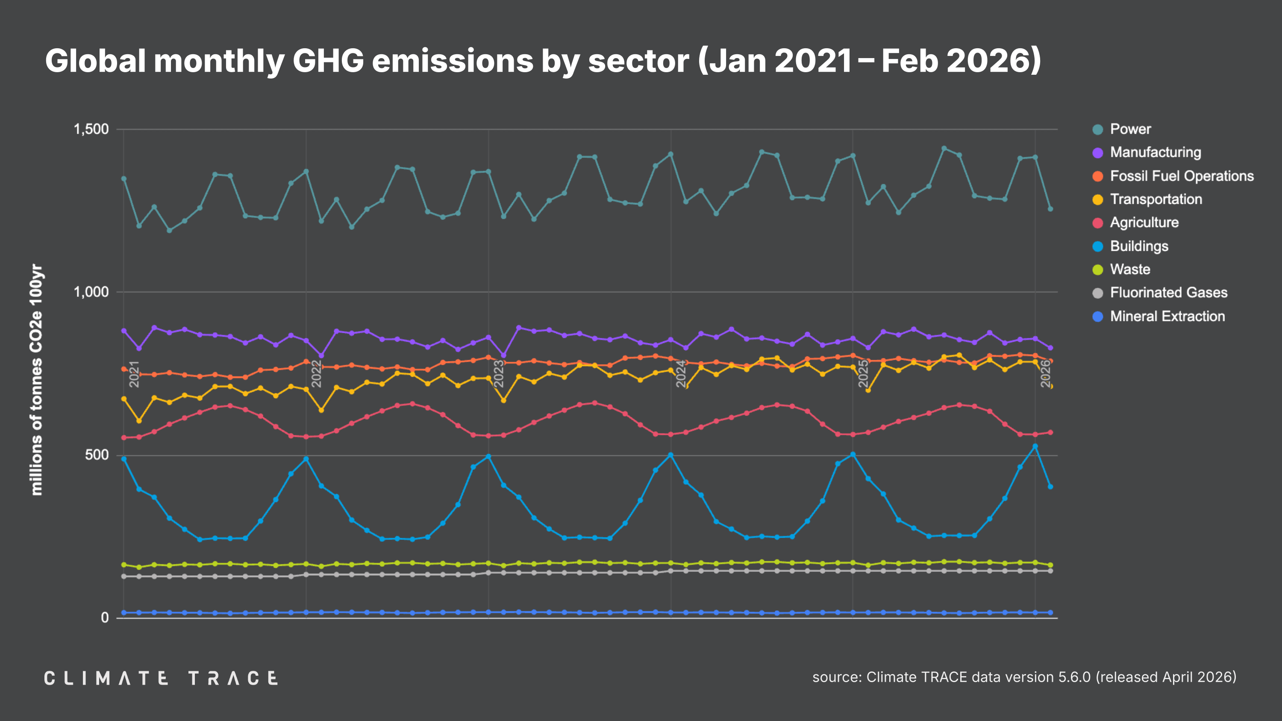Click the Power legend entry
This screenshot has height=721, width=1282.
click(x=1130, y=129)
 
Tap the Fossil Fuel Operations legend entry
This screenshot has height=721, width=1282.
click(x=1182, y=176)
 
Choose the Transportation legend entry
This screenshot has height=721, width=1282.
click(x=1156, y=199)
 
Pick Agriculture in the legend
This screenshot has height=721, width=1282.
click(x=1144, y=223)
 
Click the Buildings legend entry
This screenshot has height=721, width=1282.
click(x=1139, y=246)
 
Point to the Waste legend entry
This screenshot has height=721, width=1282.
click(x=1130, y=270)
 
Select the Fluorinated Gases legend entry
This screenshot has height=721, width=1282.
click(x=1168, y=293)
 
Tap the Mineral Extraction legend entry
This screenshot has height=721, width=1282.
click(x=1167, y=317)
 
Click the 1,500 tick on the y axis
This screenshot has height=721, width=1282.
click(x=91, y=129)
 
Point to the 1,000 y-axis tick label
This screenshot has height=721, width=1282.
click(x=91, y=292)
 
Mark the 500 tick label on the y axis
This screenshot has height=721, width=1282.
click(x=97, y=455)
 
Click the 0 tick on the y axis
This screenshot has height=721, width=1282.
click(x=105, y=618)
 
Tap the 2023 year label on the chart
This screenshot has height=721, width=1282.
click(x=499, y=374)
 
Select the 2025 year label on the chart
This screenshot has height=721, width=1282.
click(x=864, y=374)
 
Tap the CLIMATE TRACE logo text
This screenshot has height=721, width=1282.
click(x=161, y=678)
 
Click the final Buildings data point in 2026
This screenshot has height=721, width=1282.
click(x=1050, y=487)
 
